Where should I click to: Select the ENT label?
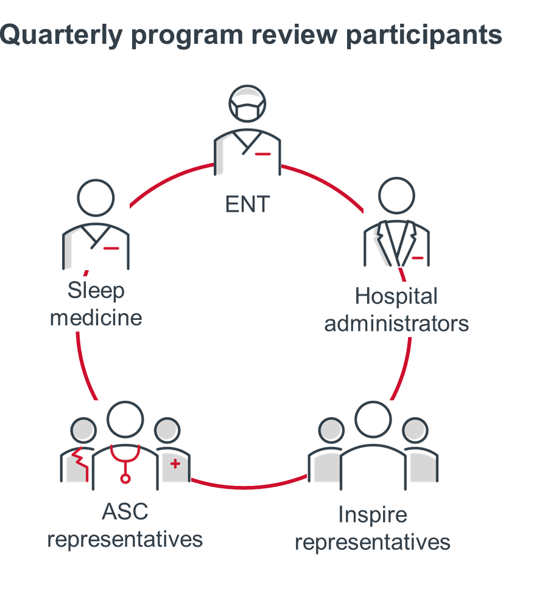click(x=247, y=204)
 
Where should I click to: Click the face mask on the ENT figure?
click(x=247, y=113)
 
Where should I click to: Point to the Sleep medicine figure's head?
click(x=96, y=198)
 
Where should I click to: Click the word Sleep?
click(x=96, y=291)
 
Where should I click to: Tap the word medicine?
click(x=96, y=317)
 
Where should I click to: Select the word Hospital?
click(x=396, y=297)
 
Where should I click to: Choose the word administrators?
click(x=396, y=323)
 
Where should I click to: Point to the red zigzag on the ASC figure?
click(x=79, y=462)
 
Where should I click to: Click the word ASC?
click(x=125, y=512)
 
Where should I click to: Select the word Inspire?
click(x=372, y=516)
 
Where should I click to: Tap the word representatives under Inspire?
click(x=372, y=542)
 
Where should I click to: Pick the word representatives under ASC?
click(x=125, y=539)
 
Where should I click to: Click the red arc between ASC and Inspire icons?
click(x=250, y=486)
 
